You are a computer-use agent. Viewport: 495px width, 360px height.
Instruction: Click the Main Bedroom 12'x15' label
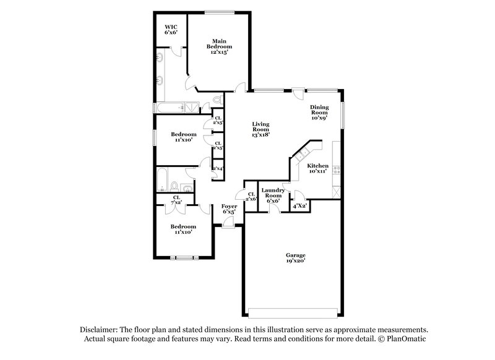(x=219, y=45)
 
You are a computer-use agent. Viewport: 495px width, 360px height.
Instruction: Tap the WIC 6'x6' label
(x=171, y=29)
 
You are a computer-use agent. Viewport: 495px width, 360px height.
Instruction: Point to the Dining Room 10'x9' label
(x=319, y=111)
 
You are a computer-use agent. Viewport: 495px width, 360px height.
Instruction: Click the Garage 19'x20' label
(x=295, y=258)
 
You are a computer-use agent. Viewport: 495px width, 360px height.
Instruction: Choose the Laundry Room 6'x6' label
(x=273, y=195)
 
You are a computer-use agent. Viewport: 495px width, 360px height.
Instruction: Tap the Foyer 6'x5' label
(x=228, y=208)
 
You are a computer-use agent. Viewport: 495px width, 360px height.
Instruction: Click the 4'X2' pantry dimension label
(x=299, y=205)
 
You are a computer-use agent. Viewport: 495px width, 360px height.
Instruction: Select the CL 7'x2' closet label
(x=176, y=200)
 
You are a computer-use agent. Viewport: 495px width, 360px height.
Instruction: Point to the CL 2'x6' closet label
(x=251, y=195)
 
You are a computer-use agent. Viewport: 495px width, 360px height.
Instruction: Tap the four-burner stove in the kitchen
(x=335, y=168)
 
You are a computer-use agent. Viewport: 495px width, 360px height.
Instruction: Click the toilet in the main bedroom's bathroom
(x=217, y=99)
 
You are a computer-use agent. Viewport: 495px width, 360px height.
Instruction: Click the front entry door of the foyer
(x=228, y=227)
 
